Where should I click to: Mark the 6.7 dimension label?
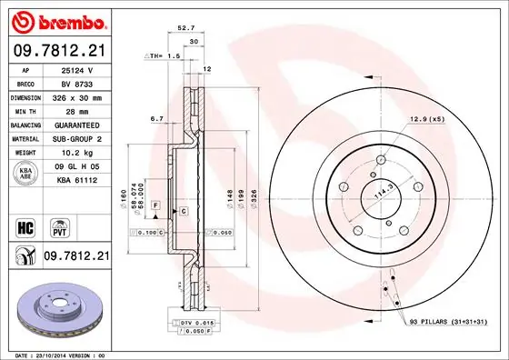(155, 118)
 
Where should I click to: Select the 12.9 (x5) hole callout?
(425, 119)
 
